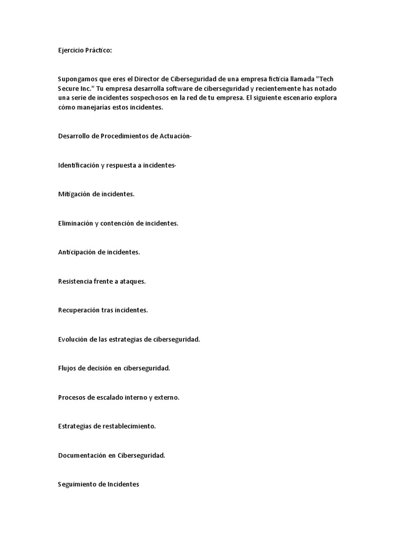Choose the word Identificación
point(79,165)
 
